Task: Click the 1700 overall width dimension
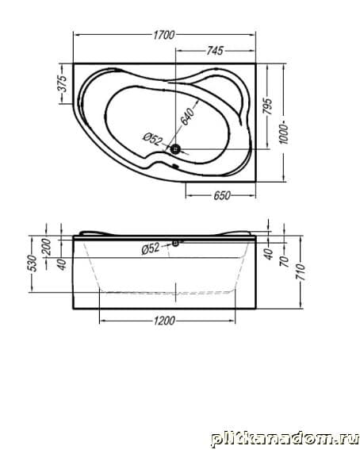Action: [x=163, y=35]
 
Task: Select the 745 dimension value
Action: [x=215, y=51]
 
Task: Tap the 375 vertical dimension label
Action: [x=62, y=83]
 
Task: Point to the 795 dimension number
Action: [x=268, y=106]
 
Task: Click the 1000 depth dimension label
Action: [x=284, y=134]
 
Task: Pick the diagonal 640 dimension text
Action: [x=188, y=116]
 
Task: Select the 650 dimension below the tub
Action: [x=222, y=196]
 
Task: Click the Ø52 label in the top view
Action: [x=152, y=139]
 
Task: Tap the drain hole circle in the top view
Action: [x=175, y=149]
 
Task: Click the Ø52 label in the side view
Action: [x=151, y=248]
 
